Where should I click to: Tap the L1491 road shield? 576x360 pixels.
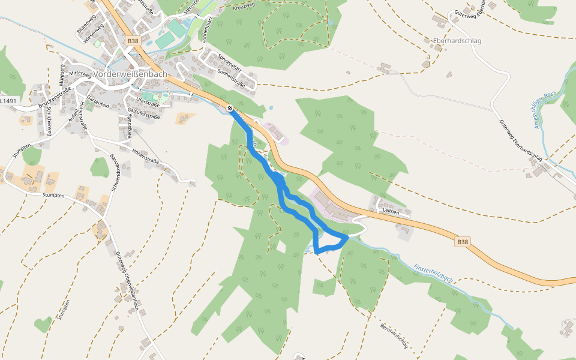pyautogui.click(x=8, y=101)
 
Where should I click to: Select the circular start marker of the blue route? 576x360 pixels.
pyautogui.click(x=230, y=108)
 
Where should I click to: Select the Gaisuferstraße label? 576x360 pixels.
pyautogui.click(x=144, y=114)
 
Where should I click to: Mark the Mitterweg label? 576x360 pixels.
pyautogui.click(x=82, y=73)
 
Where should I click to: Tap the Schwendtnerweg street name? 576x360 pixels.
pyautogui.click(x=115, y=173)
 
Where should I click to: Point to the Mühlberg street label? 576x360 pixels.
pyautogui.click(x=61, y=72)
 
